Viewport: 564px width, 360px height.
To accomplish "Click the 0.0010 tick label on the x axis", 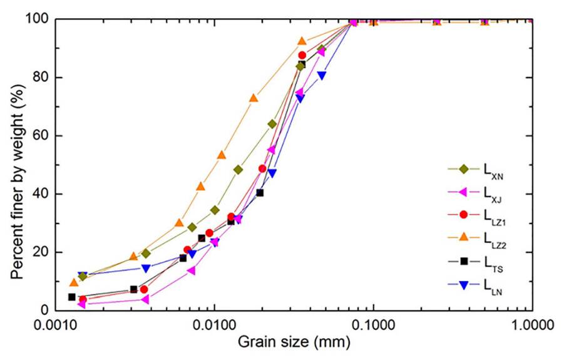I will [55, 325].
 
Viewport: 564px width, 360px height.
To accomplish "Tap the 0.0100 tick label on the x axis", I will [214, 325].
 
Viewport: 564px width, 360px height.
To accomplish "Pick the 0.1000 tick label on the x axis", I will [373, 325].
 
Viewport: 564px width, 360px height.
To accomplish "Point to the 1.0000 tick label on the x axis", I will [531, 325].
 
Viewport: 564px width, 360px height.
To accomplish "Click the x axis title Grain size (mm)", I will [293, 342].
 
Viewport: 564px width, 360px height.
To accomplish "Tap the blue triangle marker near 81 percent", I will [322, 75].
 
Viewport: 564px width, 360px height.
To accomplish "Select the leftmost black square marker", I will [72, 297].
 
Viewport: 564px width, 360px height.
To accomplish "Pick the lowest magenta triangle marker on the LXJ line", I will [82, 304].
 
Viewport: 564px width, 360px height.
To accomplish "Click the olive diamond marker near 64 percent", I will [272, 124].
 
